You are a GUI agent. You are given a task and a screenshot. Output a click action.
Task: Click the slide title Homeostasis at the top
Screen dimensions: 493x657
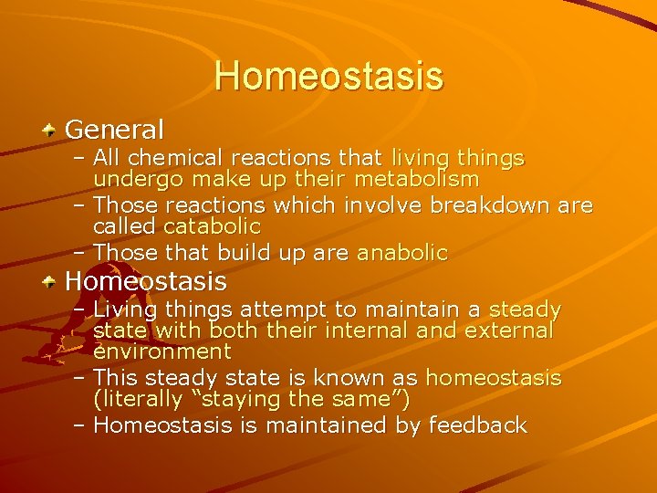(328, 76)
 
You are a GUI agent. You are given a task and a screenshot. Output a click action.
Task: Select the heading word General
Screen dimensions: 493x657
(114, 129)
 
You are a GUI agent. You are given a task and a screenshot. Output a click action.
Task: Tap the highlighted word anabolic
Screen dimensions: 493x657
(401, 253)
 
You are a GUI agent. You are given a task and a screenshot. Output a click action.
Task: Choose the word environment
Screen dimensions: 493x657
(162, 351)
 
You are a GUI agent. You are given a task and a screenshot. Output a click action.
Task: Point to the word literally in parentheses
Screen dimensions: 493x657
(141, 399)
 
